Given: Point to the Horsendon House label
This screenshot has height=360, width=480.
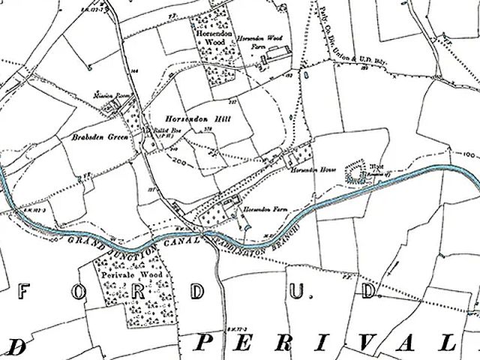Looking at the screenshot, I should [x=309, y=170].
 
